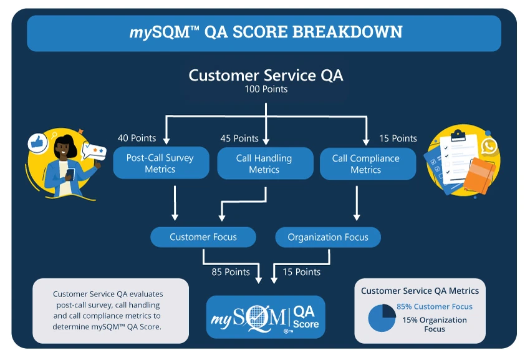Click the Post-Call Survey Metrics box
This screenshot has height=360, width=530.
click(160, 163)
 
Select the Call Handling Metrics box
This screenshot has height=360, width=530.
click(264, 163)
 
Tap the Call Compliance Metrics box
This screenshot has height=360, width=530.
click(366, 163)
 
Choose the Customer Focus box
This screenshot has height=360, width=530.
click(203, 237)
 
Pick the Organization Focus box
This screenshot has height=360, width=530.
click(328, 237)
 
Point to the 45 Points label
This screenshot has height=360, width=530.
click(239, 138)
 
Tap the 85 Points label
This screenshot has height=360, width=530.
click(231, 272)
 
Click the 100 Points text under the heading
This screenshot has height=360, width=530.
click(266, 89)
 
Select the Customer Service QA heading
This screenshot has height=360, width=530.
click(266, 75)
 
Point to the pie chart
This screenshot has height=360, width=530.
click(382, 318)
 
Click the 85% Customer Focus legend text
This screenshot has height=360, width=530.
click(435, 306)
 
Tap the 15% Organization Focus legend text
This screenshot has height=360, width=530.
click(435, 324)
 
